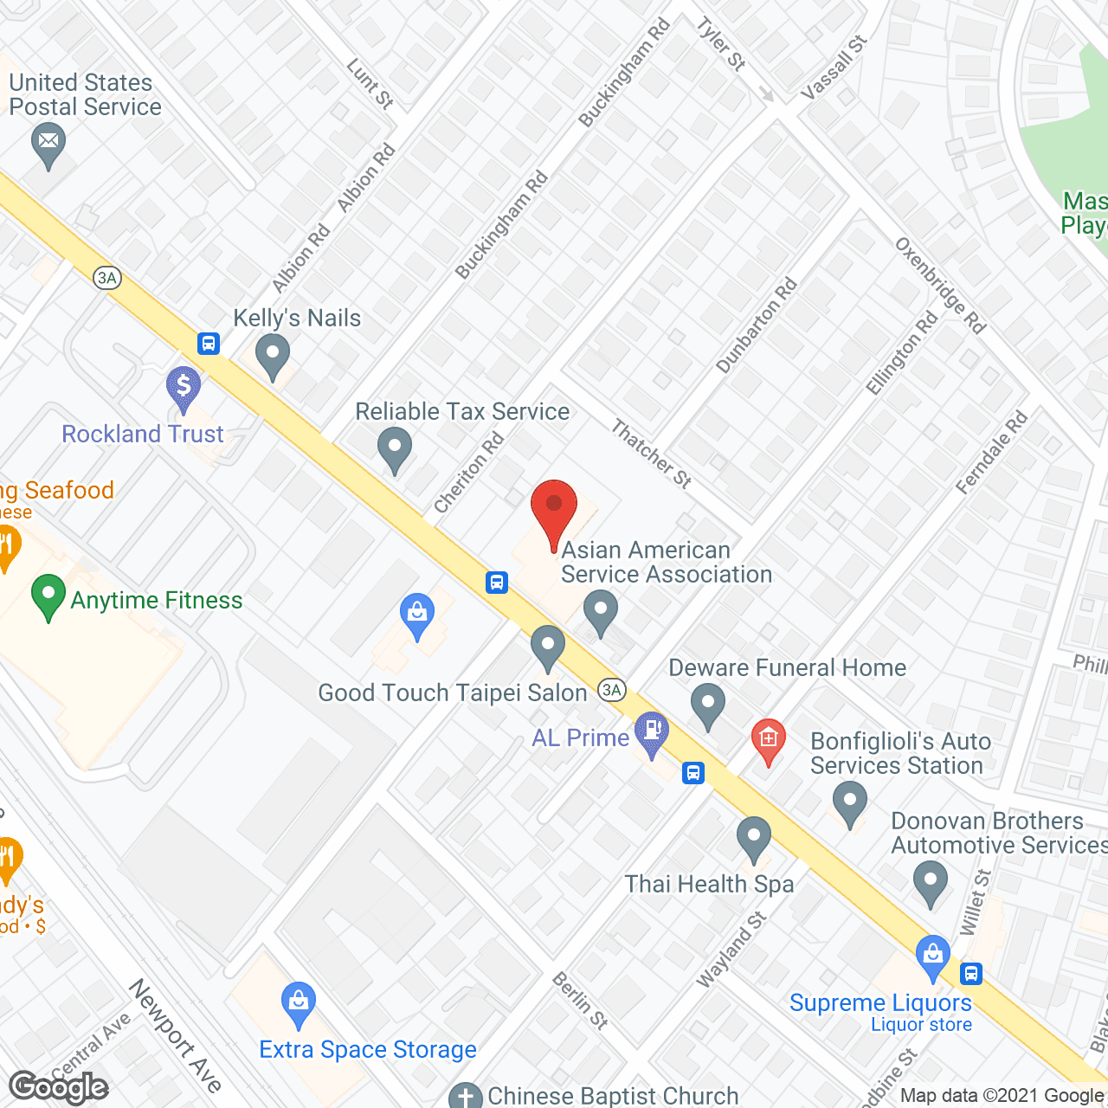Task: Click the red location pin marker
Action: click(553, 511)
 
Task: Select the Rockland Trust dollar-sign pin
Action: click(184, 387)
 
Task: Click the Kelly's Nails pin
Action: click(273, 356)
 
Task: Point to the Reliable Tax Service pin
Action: click(395, 448)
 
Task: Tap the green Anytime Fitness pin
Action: click(48, 596)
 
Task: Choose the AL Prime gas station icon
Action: click(652, 732)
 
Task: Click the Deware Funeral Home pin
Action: click(708, 705)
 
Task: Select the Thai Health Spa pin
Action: click(754, 838)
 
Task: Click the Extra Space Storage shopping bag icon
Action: click(299, 1003)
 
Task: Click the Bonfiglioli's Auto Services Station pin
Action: click(849, 802)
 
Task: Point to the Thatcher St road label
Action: click(651, 454)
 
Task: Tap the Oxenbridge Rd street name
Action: click(940, 285)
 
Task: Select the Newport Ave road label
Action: click(176, 1035)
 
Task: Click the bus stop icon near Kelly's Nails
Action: click(208, 344)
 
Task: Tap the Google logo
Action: click(59, 1087)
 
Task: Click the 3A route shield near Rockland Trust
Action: click(106, 278)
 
